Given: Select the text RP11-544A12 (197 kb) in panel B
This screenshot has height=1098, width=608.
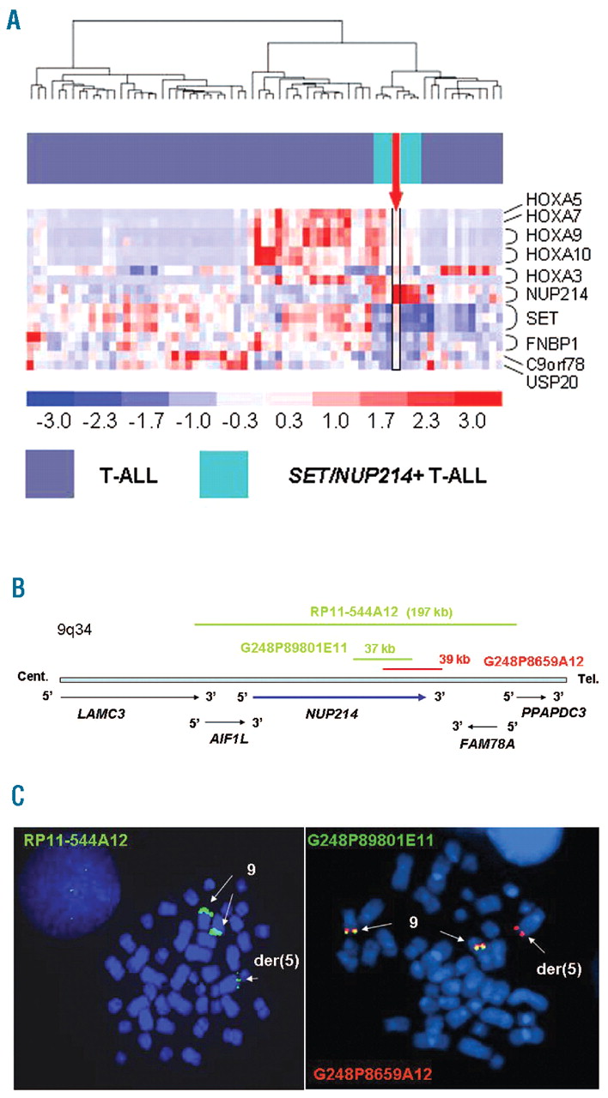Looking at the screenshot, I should coord(381,612).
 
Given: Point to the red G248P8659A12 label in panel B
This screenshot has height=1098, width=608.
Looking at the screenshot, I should coord(533,661).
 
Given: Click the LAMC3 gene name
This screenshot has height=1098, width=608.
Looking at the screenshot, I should coord(76,714).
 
